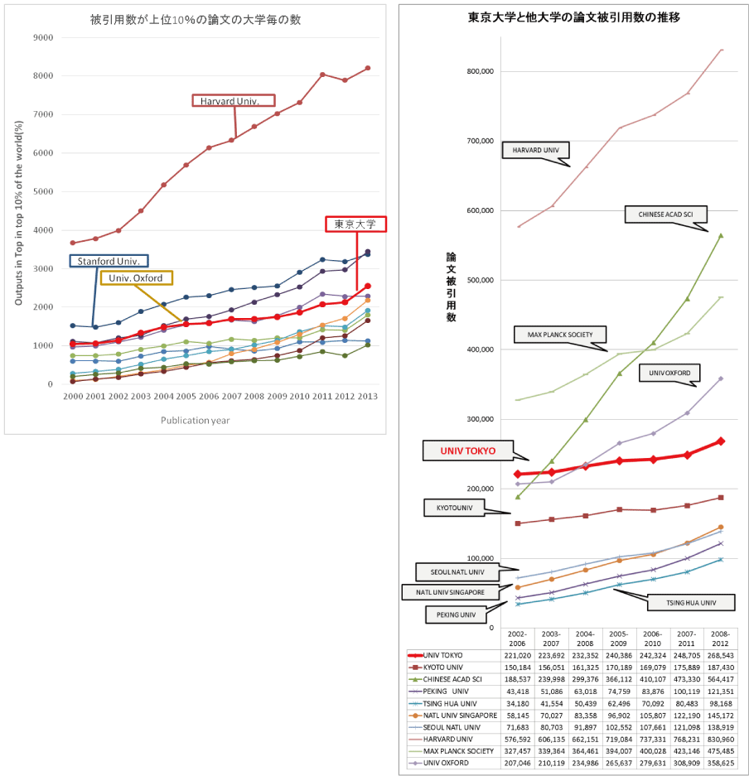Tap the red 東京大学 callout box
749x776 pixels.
(x=355, y=224)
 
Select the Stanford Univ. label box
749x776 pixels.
(x=109, y=262)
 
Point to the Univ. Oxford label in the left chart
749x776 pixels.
(x=136, y=277)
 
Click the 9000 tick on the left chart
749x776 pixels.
(x=41, y=38)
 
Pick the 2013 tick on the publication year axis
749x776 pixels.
(x=368, y=397)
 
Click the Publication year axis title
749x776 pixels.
(x=196, y=420)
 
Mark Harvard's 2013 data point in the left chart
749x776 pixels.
(x=368, y=68)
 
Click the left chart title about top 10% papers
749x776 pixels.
(x=196, y=18)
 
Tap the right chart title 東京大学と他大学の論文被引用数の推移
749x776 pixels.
(x=574, y=17)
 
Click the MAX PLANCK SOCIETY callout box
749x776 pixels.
(x=559, y=335)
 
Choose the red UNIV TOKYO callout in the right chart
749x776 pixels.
(x=468, y=451)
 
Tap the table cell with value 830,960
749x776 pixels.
(x=719, y=739)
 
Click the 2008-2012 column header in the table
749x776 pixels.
(x=719, y=639)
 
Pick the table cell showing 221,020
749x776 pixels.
(x=517, y=655)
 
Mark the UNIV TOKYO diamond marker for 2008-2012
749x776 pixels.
(x=720, y=441)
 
